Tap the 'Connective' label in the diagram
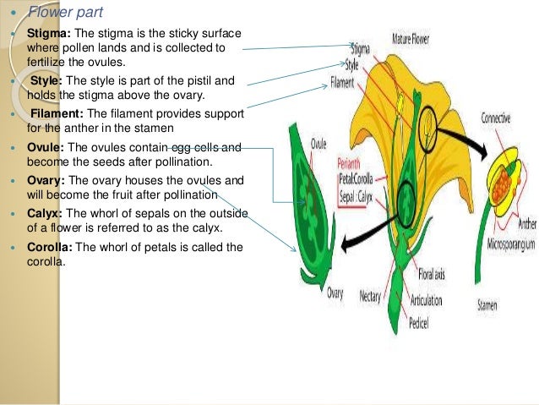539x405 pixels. [x=495, y=119]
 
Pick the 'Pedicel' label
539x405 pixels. [x=422, y=323]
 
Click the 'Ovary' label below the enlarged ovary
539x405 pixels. [x=335, y=293]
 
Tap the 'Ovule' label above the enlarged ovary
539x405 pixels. [x=318, y=144]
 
